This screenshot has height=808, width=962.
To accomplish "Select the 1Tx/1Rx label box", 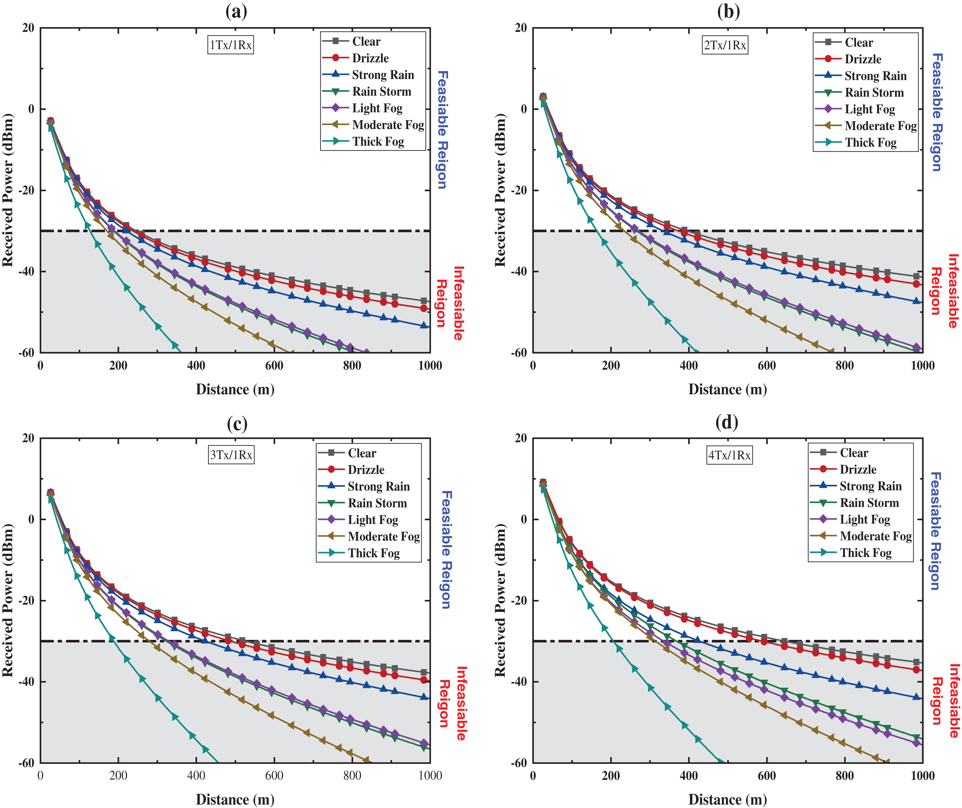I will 230,45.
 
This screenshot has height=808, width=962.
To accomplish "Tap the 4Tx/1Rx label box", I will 729,455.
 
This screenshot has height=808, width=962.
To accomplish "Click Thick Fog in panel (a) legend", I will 378,142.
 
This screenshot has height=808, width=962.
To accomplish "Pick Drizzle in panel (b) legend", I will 863,59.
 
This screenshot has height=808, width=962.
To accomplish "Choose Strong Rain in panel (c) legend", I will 378,486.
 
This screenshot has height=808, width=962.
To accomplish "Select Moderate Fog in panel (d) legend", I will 875,536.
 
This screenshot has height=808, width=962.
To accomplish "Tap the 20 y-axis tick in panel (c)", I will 28,438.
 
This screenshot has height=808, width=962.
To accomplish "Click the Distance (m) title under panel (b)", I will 727,389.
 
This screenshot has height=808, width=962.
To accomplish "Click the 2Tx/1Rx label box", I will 725,45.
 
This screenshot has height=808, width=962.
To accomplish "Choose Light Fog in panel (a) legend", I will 377,108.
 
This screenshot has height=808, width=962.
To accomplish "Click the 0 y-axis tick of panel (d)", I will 524,519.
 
